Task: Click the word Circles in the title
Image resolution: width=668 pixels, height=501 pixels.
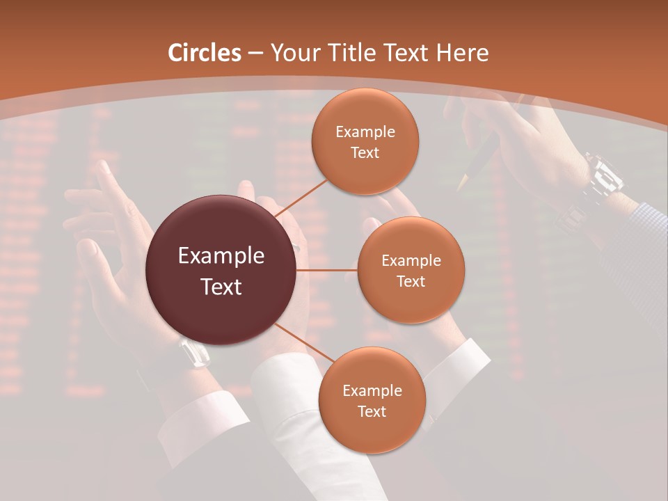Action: click(205, 53)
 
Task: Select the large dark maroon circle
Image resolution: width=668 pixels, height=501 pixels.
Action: click(221, 270)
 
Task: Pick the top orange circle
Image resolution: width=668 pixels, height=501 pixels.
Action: click(365, 141)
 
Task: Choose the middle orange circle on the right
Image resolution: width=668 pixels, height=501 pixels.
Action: click(411, 270)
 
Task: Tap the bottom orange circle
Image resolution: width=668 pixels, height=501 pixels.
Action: click(372, 400)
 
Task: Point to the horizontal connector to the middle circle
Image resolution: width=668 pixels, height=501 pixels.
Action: click(326, 270)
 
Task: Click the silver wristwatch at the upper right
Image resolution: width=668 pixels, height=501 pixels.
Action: click(603, 178)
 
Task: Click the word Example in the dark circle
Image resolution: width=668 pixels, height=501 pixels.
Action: click(221, 256)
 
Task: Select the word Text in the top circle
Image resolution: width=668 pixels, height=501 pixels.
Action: click(365, 152)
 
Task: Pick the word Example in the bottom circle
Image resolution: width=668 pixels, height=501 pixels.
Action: click(372, 390)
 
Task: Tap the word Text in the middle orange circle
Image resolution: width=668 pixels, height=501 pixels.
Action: click(411, 281)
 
